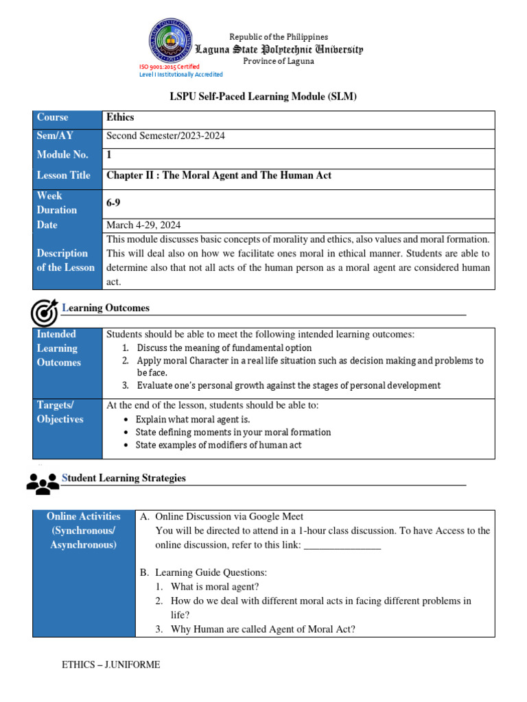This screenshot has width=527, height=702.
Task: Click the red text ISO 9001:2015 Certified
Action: point(169,66)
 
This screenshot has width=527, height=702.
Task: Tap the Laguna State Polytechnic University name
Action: point(279,49)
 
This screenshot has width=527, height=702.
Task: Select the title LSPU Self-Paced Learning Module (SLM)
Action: point(263,97)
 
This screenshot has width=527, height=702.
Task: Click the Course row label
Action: point(53,118)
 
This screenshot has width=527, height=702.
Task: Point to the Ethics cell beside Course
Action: point(121,118)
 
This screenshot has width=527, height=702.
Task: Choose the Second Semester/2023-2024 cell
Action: point(166,136)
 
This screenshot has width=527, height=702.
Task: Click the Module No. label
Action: point(62,155)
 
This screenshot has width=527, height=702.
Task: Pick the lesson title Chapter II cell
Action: point(219,175)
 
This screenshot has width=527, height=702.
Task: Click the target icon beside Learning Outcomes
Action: point(44,313)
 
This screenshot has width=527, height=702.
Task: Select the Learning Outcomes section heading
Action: point(106,308)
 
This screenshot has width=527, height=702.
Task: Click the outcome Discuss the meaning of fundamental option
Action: point(224,348)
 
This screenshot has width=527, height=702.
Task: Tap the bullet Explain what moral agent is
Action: point(193,419)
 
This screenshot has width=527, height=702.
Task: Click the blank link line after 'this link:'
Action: point(342,546)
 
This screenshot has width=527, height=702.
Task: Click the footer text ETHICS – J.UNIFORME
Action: point(111,665)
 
